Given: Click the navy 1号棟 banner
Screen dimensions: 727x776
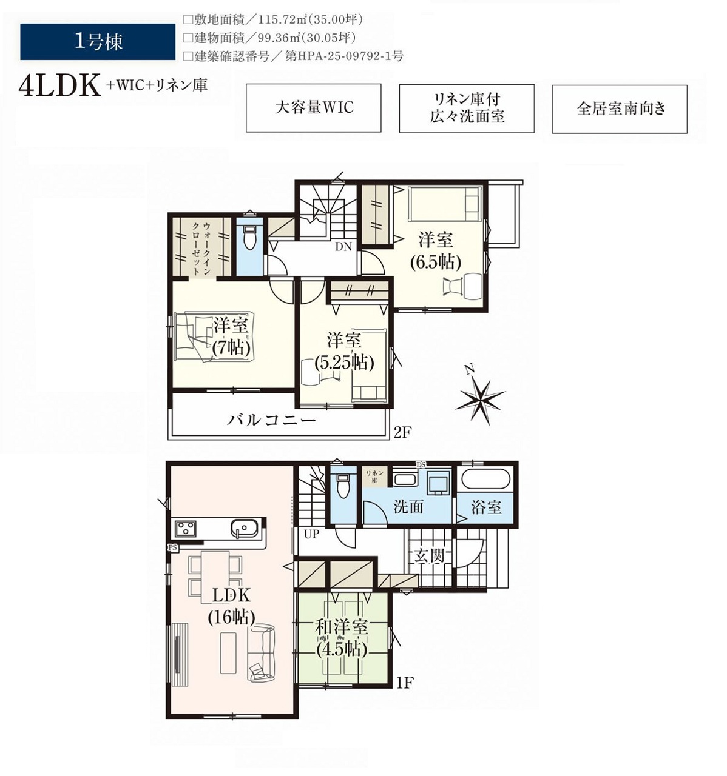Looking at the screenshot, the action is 98,42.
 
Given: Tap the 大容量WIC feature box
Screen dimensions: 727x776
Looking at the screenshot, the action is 313,108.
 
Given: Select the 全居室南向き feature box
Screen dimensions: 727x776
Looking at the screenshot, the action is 620,109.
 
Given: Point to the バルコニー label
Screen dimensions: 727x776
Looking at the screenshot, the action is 271,420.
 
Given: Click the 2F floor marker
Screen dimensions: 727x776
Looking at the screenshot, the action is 403,432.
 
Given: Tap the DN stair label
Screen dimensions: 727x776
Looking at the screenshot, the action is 343,247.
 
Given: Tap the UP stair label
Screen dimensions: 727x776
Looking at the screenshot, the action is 311,533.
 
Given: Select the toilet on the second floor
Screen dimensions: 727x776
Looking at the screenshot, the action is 249,237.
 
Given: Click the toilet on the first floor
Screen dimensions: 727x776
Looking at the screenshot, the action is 343,486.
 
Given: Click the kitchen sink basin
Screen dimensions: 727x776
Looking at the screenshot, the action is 244,529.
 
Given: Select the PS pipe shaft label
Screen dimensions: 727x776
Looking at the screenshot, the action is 172,548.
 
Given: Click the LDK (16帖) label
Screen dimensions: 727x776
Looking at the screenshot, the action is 232,606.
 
